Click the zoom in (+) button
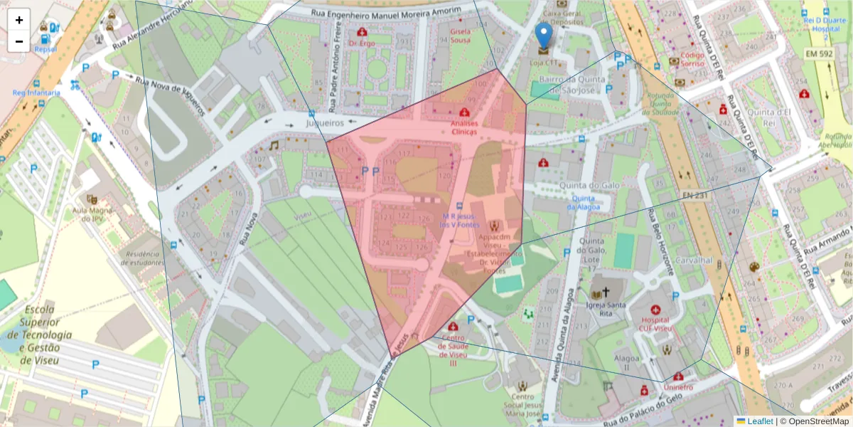coord(19,20)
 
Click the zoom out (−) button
coord(19,41)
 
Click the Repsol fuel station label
coord(45,49)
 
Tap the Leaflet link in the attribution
coord(760,421)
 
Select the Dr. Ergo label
coord(362,43)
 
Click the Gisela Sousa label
coord(460,36)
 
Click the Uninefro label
coord(678,387)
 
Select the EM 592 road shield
coord(820,53)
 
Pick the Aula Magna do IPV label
coord(89,214)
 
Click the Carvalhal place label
coord(694,260)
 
